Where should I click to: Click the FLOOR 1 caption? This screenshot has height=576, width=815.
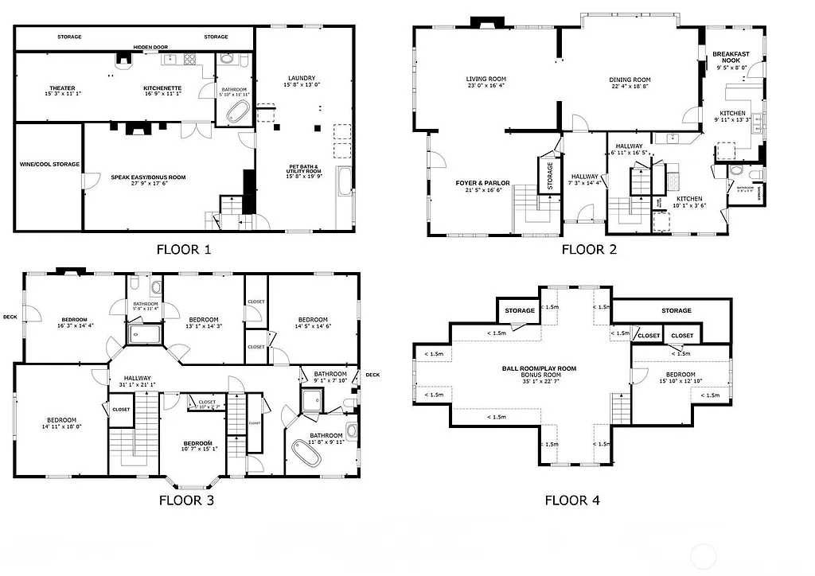click(183, 249)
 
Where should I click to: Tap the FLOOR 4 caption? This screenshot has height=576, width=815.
click(572, 500)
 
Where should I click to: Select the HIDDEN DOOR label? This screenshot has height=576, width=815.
click(149, 47)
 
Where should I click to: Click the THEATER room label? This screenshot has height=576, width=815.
click(62, 88)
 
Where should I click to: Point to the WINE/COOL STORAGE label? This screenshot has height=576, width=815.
click(49, 164)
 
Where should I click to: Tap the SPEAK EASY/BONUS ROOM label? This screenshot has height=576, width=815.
click(148, 177)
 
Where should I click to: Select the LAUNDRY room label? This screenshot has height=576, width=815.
click(302, 78)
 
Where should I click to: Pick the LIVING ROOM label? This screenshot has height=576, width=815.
click(485, 79)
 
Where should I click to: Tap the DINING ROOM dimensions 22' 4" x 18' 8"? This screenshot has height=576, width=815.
click(630, 86)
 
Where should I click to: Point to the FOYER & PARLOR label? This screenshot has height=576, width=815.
click(477, 183)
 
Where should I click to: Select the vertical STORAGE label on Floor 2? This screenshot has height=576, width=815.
click(549, 174)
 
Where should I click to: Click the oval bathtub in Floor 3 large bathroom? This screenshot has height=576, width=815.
click(306, 454)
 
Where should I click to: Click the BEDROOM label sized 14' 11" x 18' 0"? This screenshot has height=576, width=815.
click(60, 420)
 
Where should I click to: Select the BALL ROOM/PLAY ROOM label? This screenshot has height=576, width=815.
click(539, 368)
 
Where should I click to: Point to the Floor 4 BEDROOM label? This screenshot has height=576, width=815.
click(680, 374)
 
